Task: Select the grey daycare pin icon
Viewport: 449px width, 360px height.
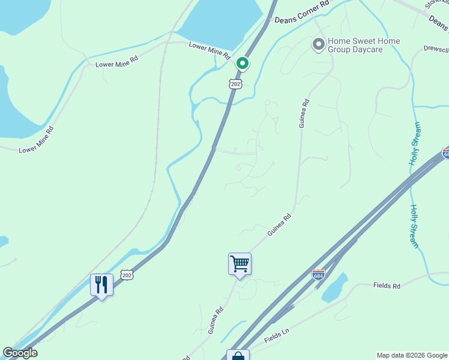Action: (x=318, y=44)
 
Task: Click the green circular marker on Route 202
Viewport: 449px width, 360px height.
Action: (x=243, y=63)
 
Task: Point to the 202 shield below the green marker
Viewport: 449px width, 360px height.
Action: (x=235, y=85)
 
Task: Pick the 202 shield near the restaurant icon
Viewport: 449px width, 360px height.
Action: (x=126, y=274)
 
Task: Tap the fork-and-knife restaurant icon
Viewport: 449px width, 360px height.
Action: (x=101, y=284)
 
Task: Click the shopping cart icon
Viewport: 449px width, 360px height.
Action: (x=240, y=263)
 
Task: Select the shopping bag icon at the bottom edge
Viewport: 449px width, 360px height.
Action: (x=238, y=356)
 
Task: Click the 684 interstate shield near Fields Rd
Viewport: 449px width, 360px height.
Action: (x=318, y=274)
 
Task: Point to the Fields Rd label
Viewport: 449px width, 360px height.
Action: (x=386, y=286)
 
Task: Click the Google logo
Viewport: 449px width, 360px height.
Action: (x=20, y=353)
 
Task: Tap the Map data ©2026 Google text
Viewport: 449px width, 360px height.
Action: (x=412, y=355)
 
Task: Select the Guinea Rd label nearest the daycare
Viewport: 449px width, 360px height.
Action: (x=304, y=113)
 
